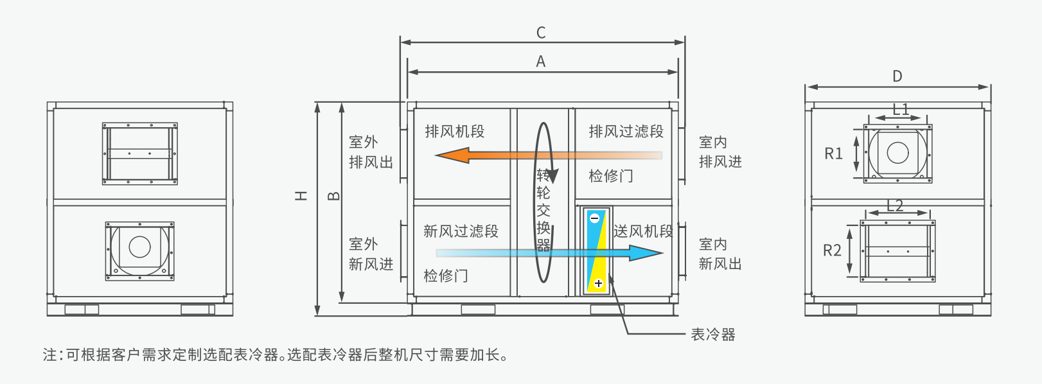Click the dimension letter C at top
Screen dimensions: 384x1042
tap(541, 33)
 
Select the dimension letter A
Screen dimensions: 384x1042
tap(541, 62)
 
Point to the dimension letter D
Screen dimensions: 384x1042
tap(897, 76)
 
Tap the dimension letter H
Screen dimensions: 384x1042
tap(301, 196)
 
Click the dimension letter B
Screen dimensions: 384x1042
tap(334, 196)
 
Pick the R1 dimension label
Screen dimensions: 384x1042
tap(833, 153)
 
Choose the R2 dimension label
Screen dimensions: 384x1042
tap(832, 250)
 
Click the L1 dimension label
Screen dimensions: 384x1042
tap(901, 109)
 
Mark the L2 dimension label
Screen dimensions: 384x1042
tap(895, 205)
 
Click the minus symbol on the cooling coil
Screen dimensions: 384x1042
tap(594, 218)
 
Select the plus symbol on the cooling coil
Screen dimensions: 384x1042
tap(598, 283)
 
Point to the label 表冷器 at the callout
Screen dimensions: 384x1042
tap(712, 335)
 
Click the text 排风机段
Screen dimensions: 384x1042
tap(454, 132)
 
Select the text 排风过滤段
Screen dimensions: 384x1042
tap(626, 132)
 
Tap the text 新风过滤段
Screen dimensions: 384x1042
tap(461, 231)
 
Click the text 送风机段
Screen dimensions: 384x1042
tap(642, 231)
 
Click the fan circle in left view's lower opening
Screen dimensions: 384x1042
tap(139, 247)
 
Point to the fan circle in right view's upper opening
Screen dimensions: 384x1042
tap(897, 153)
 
